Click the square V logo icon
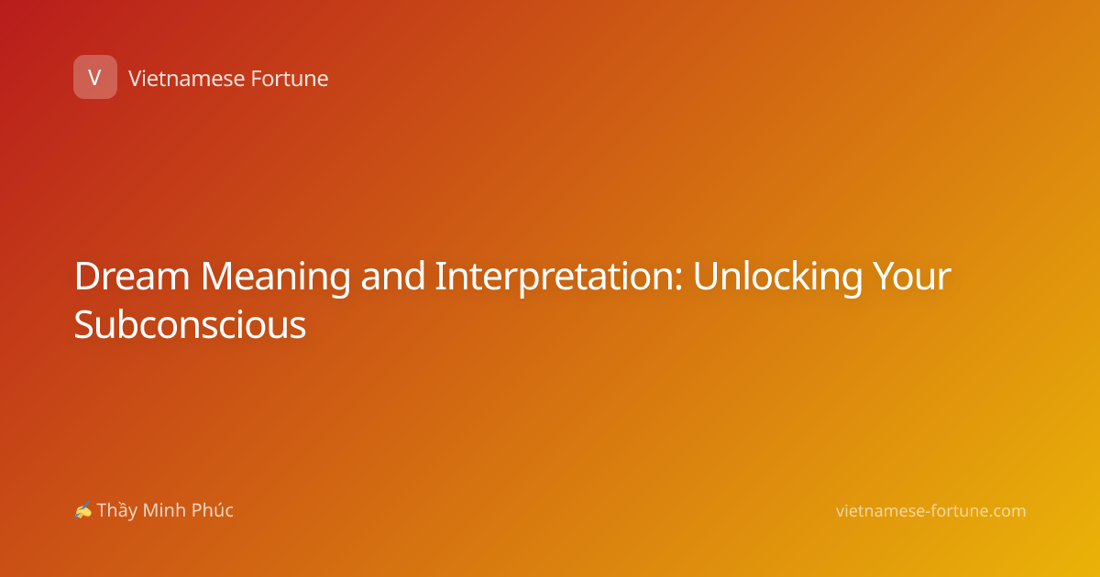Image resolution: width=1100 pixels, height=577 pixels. [x=95, y=77]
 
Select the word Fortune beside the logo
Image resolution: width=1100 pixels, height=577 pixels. [x=290, y=79]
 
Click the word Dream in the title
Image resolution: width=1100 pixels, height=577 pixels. [x=132, y=277]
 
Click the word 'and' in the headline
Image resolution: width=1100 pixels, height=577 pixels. [x=393, y=277]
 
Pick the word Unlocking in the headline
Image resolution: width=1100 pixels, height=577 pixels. [x=778, y=278]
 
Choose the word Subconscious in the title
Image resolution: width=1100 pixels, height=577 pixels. [x=190, y=324]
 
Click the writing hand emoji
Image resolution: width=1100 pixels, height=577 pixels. [x=83, y=510]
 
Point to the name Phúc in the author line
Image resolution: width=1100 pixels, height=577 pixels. [x=212, y=510]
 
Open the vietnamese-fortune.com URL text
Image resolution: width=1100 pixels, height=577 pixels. [x=930, y=511]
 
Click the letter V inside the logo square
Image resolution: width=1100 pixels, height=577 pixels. [x=94, y=78]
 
